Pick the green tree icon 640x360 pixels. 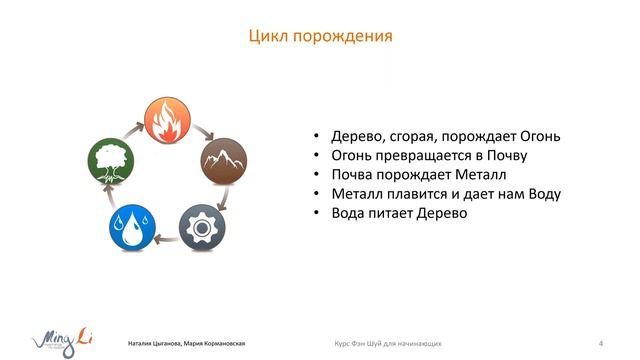(109, 160)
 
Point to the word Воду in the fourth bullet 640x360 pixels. (539, 194)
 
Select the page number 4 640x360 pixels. (599, 344)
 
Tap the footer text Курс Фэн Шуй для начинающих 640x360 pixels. (388, 344)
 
